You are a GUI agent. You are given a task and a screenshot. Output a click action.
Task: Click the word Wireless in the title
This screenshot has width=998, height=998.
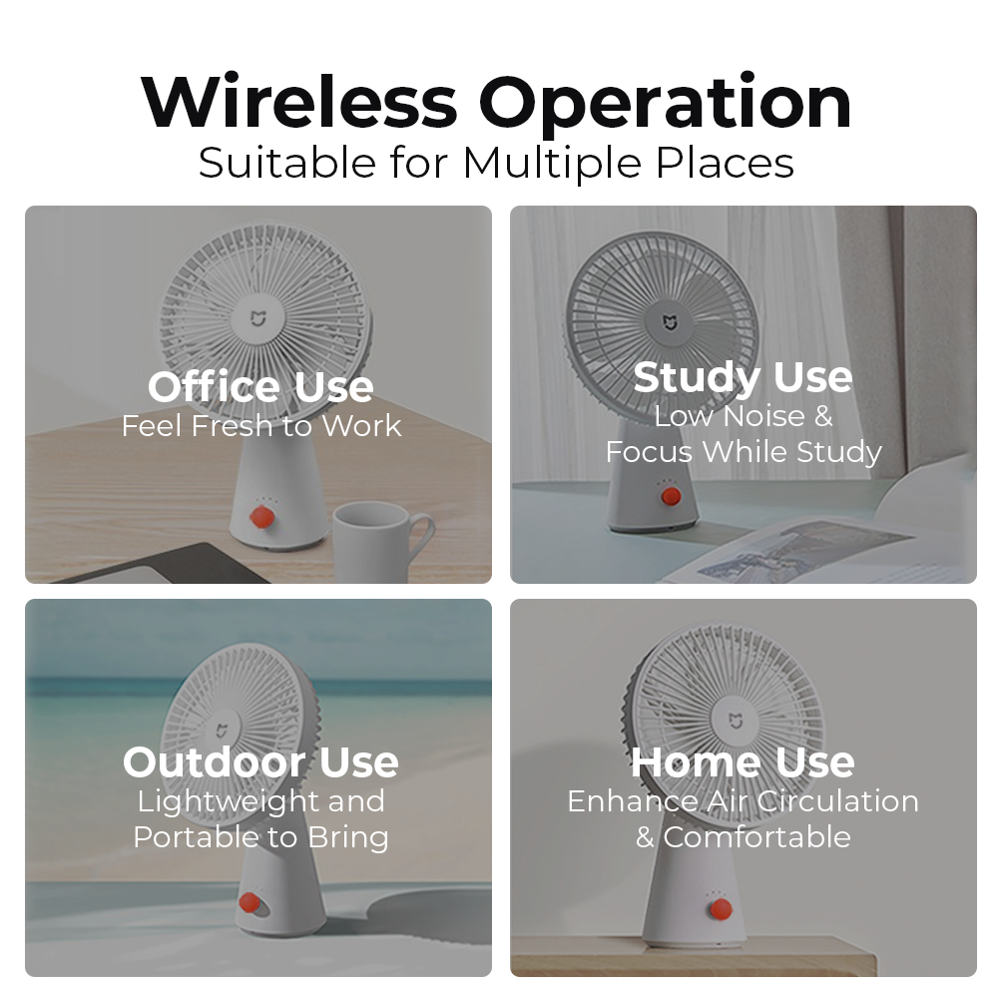tap(299, 103)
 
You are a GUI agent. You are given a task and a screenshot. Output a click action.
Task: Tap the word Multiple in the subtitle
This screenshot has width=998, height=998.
tap(552, 164)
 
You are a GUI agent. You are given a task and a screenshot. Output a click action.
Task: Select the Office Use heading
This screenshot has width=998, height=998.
tap(260, 386)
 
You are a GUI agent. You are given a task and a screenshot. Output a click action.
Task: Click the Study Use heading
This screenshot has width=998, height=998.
tap(743, 378)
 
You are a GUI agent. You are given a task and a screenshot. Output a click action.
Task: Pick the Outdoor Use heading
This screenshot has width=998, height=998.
tap(260, 761)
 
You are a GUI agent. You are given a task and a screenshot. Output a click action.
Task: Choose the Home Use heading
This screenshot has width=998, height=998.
tap(743, 761)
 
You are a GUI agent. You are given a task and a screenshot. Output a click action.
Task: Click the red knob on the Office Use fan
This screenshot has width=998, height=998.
tap(261, 516)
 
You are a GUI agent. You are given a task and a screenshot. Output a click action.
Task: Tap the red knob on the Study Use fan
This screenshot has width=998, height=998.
tap(671, 496)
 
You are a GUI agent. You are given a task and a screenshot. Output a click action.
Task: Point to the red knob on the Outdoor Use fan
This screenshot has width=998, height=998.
tap(249, 902)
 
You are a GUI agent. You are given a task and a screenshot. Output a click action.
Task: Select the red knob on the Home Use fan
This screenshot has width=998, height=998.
tap(721, 909)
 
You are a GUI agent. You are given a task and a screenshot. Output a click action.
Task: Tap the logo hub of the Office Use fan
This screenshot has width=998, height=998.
tap(257, 318)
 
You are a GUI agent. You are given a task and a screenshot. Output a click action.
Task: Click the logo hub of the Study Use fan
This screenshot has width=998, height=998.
tap(670, 323)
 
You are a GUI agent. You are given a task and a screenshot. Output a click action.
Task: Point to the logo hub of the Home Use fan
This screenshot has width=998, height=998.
tap(736, 722)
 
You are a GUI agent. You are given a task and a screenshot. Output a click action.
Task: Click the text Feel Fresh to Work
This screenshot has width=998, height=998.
tap(260, 426)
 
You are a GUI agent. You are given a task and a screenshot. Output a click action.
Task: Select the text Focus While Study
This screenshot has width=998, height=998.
tap(744, 452)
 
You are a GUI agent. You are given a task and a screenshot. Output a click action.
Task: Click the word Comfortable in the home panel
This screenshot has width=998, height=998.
tap(756, 837)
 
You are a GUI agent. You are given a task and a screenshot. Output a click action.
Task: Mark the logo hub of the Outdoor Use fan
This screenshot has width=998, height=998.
tap(221, 731)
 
